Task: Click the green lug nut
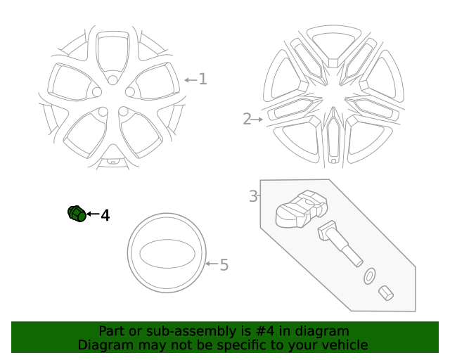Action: pos(77,213)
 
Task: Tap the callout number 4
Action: pos(105,215)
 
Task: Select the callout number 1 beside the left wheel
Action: pos(202,79)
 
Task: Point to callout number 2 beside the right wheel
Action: pos(247,120)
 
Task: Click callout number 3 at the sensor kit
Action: pos(253,196)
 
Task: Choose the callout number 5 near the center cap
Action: pos(224,265)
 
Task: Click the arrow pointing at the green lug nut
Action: pos(93,214)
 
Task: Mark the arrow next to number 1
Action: pos(190,79)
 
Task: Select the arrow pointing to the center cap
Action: pos(212,265)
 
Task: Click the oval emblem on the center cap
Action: pos(167,254)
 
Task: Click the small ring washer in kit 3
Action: pos(369,276)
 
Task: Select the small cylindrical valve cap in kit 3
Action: pos(385,292)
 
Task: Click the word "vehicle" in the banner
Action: pos(344,345)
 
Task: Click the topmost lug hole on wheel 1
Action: pos(112,80)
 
